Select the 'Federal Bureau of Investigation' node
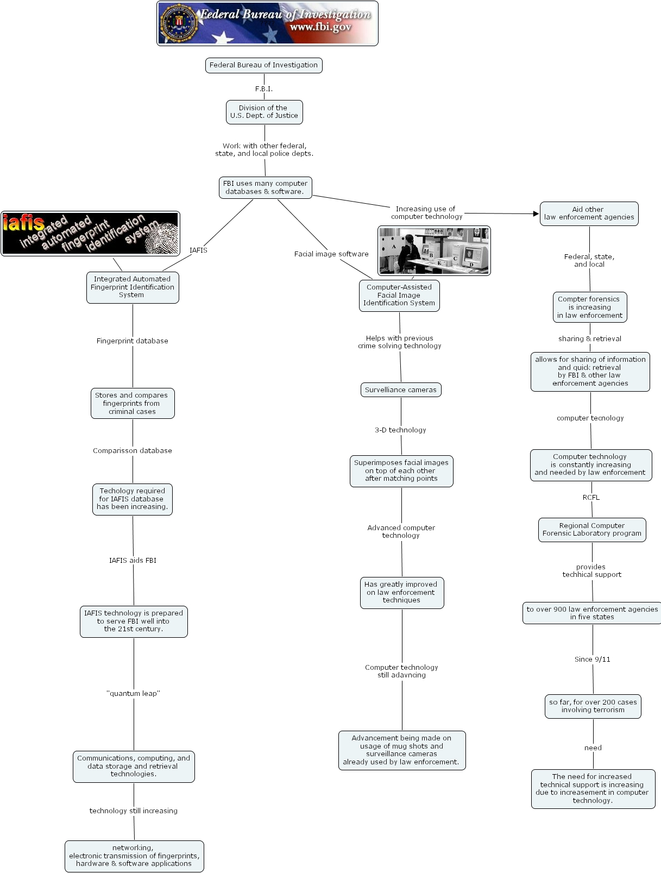(x=264, y=65)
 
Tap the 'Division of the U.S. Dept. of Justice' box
(x=264, y=112)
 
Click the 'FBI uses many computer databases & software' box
(x=266, y=187)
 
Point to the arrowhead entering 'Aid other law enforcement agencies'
(x=536, y=214)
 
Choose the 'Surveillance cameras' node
(x=401, y=390)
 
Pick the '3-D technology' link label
(x=400, y=430)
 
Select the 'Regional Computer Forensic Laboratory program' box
(x=592, y=530)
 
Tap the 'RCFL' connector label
(x=591, y=498)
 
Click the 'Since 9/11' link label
(x=593, y=660)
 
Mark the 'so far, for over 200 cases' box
(x=593, y=706)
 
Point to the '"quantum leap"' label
(x=134, y=694)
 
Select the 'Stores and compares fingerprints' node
(x=133, y=404)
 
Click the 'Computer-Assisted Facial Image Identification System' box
(x=399, y=296)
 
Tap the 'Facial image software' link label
(x=331, y=254)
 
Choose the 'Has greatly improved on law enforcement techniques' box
(x=402, y=593)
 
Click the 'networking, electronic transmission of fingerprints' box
(x=134, y=856)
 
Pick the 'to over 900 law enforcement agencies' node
(x=592, y=613)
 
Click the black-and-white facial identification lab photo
(x=434, y=251)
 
